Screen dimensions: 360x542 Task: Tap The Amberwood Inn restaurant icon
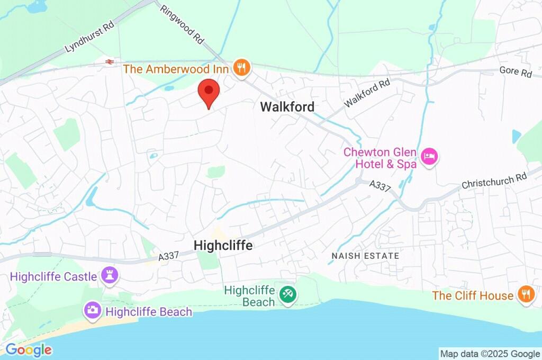click(241, 68)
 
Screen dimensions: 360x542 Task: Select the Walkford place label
click(287, 107)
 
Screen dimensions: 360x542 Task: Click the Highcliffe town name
click(223, 246)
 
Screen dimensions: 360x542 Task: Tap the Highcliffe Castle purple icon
click(110, 276)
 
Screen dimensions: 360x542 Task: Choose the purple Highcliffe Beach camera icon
click(92, 311)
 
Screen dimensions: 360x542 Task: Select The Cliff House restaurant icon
click(525, 295)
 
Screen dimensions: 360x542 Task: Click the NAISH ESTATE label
click(365, 256)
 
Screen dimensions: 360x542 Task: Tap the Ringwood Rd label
click(182, 24)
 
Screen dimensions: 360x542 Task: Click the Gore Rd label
click(515, 73)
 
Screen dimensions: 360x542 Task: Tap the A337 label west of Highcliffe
click(170, 256)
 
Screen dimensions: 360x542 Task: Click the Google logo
click(29, 350)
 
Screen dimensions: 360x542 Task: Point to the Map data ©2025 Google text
click(490, 354)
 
